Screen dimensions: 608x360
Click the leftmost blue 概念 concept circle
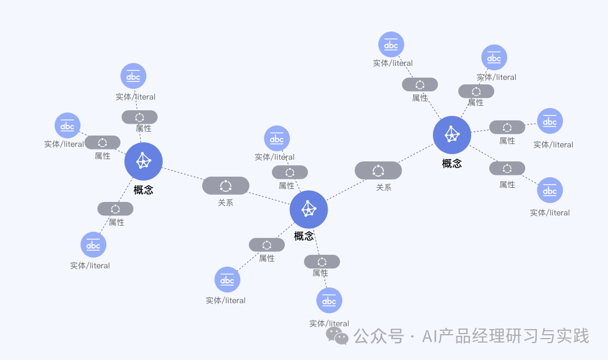click(144, 161)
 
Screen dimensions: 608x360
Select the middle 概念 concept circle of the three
click(309, 209)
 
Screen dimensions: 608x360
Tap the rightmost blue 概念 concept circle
click(452, 135)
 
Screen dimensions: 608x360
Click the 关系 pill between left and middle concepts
click(226, 186)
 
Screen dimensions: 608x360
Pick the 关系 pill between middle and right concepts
click(378, 170)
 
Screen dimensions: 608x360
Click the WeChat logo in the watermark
click(337, 336)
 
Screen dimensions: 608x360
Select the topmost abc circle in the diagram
click(391, 44)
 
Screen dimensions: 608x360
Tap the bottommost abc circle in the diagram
click(329, 300)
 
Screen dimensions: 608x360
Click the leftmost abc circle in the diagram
click(68, 125)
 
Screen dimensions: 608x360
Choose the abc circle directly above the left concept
click(133, 76)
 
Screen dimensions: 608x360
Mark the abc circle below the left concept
click(93, 245)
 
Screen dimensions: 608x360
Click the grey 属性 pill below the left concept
click(115, 209)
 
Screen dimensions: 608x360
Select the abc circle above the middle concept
click(277, 138)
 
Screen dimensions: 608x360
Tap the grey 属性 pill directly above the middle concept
click(290, 172)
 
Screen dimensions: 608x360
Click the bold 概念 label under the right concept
click(452, 164)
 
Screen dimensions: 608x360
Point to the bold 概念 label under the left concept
click(144, 190)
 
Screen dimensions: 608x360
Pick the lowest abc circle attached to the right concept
click(550, 190)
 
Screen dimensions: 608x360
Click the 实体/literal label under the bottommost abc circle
click(329, 323)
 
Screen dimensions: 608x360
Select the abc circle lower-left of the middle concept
click(227, 280)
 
